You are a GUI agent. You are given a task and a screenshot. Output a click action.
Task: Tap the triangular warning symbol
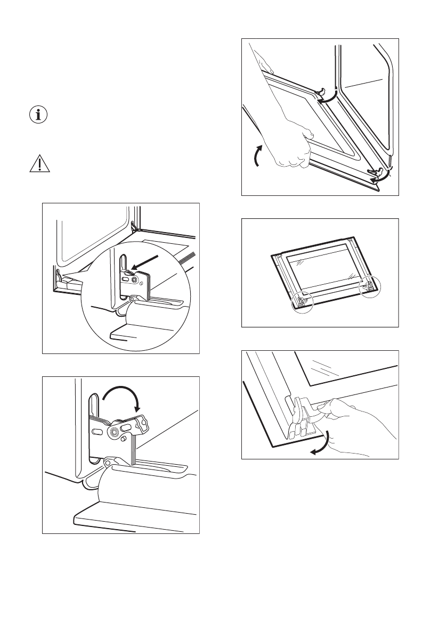pyautogui.click(x=37, y=164)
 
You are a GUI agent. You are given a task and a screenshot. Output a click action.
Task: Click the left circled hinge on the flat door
pyautogui.click(x=302, y=301)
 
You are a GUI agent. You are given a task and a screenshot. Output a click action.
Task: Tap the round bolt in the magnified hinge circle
pyautogui.click(x=135, y=277)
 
